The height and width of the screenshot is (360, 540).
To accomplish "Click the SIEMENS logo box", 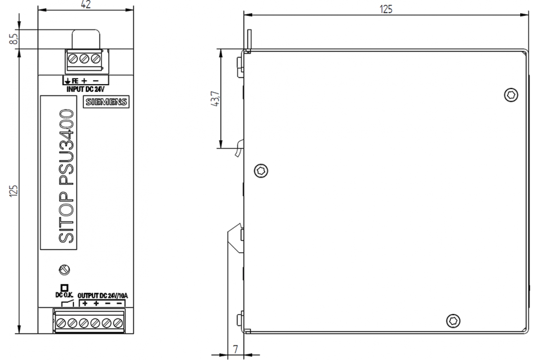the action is pyautogui.click(x=106, y=102).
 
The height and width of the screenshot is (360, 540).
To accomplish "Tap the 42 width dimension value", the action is pyautogui.click(x=86, y=4).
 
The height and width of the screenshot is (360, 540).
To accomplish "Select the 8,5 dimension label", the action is pyautogui.click(x=14, y=39).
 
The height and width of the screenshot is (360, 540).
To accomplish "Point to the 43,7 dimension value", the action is pyautogui.click(x=215, y=99).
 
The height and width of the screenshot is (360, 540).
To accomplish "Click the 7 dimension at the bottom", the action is pyautogui.click(x=235, y=349).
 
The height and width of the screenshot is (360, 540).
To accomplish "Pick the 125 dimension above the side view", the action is pyautogui.click(x=386, y=9).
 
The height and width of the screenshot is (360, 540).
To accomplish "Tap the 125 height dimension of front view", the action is pyautogui.click(x=14, y=191).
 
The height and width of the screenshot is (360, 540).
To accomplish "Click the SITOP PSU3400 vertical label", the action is pyautogui.click(x=66, y=176).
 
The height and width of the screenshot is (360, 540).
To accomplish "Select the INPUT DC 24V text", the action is pyautogui.click(x=85, y=89).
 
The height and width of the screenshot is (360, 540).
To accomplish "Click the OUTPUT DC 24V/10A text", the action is pyautogui.click(x=103, y=296).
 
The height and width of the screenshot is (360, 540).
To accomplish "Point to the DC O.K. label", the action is pyautogui.click(x=64, y=295).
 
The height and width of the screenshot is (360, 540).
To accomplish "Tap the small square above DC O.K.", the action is pyautogui.click(x=64, y=288).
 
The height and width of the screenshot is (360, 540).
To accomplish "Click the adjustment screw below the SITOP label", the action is pyautogui.click(x=64, y=270).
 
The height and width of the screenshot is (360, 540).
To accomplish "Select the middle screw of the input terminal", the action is pyautogui.click(x=84, y=58).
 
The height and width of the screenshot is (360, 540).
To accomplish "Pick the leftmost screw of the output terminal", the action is pyautogui.click(x=61, y=323).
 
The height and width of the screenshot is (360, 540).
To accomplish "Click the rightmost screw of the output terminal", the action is pyautogui.click(x=118, y=323).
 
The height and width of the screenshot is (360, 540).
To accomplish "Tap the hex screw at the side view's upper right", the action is pyautogui.click(x=511, y=95).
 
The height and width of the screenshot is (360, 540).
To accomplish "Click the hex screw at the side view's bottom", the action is pyautogui.click(x=453, y=321).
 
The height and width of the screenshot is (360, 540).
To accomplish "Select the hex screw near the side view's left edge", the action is pyautogui.click(x=261, y=171).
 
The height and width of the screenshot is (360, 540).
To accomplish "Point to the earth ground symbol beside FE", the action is pyautogui.click(x=67, y=81).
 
